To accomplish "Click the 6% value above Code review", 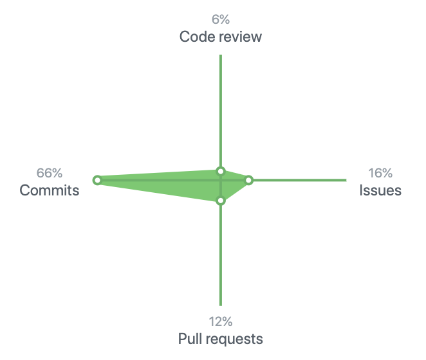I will pyautogui.click(x=221, y=19).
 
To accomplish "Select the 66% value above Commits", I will pyautogui.click(x=50, y=173).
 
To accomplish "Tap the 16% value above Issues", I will pyautogui.click(x=380, y=173).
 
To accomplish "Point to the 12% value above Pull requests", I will pyautogui.click(x=220, y=321).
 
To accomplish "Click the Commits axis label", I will pyautogui.click(x=50, y=190).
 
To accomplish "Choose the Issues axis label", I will pyautogui.click(x=380, y=190).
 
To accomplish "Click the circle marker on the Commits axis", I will pyautogui.click(x=97, y=180).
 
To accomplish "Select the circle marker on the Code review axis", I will pyautogui.click(x=221, y=171).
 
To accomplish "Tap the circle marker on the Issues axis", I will pyautogui.click(x=249, y=180).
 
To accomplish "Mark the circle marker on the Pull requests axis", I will pyautogui.click(x=221, y=201).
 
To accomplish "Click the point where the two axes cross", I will pyautogui.click(x=221, y=180).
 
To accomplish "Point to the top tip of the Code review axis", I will pyautogui.click(x=221, y=56).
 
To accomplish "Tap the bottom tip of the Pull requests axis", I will pyautogui.click(x=221, y=304).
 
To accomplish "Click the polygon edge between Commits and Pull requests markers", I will pyautogui.click(x=159, y=190).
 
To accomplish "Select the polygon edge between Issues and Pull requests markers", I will pyautogui.click(x=235, y=190).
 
